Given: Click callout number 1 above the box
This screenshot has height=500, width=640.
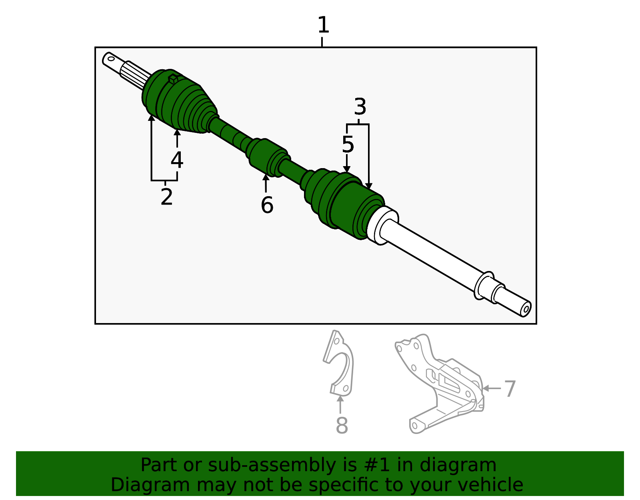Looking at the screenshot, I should click(x=323, y=25).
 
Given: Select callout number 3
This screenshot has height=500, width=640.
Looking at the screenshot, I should click(x=360, y=107).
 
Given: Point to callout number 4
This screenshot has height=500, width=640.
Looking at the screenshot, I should click(x=177, y=160).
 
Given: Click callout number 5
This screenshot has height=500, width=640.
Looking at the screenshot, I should click(x=348, y=145).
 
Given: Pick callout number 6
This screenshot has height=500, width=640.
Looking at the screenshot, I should click(x=267, y=205).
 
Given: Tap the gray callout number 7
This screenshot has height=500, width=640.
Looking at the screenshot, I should click(x=510, y=389).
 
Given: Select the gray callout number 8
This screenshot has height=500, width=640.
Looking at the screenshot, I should click(x=342, y=426).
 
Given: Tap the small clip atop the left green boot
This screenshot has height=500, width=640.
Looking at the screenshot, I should click(x=173, y=78).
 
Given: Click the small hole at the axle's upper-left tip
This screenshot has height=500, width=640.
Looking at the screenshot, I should click(x=111, y=59).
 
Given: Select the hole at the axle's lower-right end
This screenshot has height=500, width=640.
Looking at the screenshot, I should click(x=526, y=309).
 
